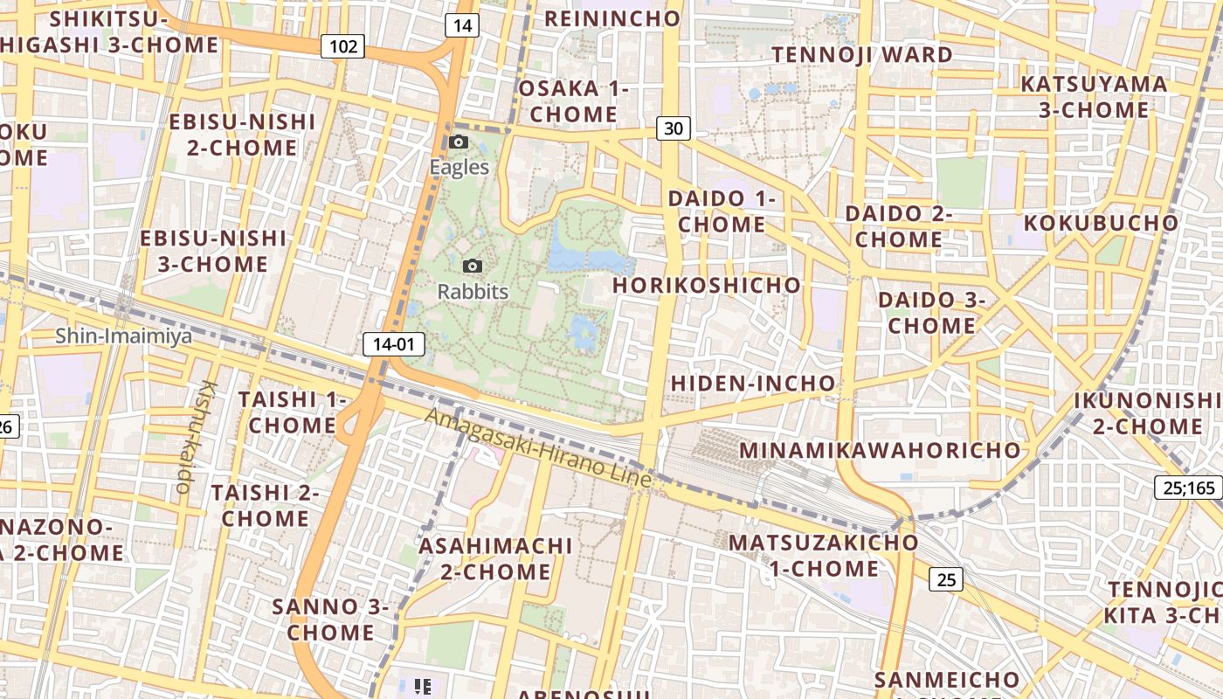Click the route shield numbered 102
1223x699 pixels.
(342, 46)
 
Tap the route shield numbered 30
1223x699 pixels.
(673, 129)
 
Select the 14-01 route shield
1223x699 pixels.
(393, 344)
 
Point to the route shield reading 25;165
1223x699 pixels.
(1190, 488)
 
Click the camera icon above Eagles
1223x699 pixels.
(459, 142)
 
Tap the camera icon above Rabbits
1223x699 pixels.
(473, 266)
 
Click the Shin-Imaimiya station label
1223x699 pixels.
(123, 336)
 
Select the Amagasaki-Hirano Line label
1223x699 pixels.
(538, 448)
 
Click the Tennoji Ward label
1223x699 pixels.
(862, 55)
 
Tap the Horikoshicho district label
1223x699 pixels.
(706, 286)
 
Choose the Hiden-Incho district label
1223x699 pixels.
(753, 384)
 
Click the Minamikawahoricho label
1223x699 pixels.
(880, 451)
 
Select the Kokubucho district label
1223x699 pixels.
(1101, 223)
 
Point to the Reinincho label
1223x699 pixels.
(611, 18)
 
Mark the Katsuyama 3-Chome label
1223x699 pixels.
(1094, 97)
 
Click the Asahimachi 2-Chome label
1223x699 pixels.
(495, 559)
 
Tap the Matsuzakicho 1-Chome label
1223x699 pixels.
(823, 556)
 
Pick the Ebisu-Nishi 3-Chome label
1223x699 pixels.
(213, 251)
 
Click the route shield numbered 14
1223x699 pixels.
(462, 25)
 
